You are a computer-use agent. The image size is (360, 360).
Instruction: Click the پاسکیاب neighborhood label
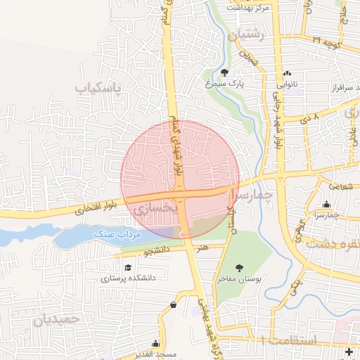coord(98,88)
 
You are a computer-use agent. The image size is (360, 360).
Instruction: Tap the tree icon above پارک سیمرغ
coord(224,72)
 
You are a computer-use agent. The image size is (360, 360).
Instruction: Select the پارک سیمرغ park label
coord(224,83)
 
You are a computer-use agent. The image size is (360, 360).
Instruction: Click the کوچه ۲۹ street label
coord(326,41)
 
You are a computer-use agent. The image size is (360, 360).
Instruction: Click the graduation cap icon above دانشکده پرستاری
coord(128,267)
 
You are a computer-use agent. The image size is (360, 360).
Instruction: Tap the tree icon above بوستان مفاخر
coord(239,267)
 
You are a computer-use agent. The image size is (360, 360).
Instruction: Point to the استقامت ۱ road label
coord(288,340)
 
